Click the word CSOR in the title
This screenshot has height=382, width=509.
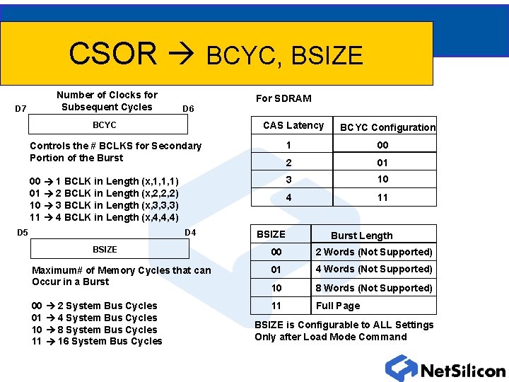click(112, 54)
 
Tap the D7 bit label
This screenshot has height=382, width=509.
click(21, 108)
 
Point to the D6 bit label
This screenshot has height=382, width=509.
click(188, 108)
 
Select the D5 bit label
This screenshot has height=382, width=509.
click(23, 232)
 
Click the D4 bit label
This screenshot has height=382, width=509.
click(190, 232)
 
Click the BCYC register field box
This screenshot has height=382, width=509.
click(107, 125)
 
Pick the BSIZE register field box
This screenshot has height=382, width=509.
click(109, 249)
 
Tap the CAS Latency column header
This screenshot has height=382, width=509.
click(293, 125)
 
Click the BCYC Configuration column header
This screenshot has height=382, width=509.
click(387, 127)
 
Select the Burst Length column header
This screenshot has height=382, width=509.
click(361, 236)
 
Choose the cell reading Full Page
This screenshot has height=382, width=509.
click(338, 306)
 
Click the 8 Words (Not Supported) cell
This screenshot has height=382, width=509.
click(373, 288)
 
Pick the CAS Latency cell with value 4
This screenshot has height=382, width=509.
click(288, 197)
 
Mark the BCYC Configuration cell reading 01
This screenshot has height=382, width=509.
click(382, 163)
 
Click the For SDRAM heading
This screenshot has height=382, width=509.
click(283, 98)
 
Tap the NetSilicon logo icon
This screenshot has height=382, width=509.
click(401, 368)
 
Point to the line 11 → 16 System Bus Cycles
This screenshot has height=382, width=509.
click(97, 342)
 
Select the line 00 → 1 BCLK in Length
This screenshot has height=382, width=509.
click(104, 181)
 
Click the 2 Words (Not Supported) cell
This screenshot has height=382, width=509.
click(373, 252)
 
